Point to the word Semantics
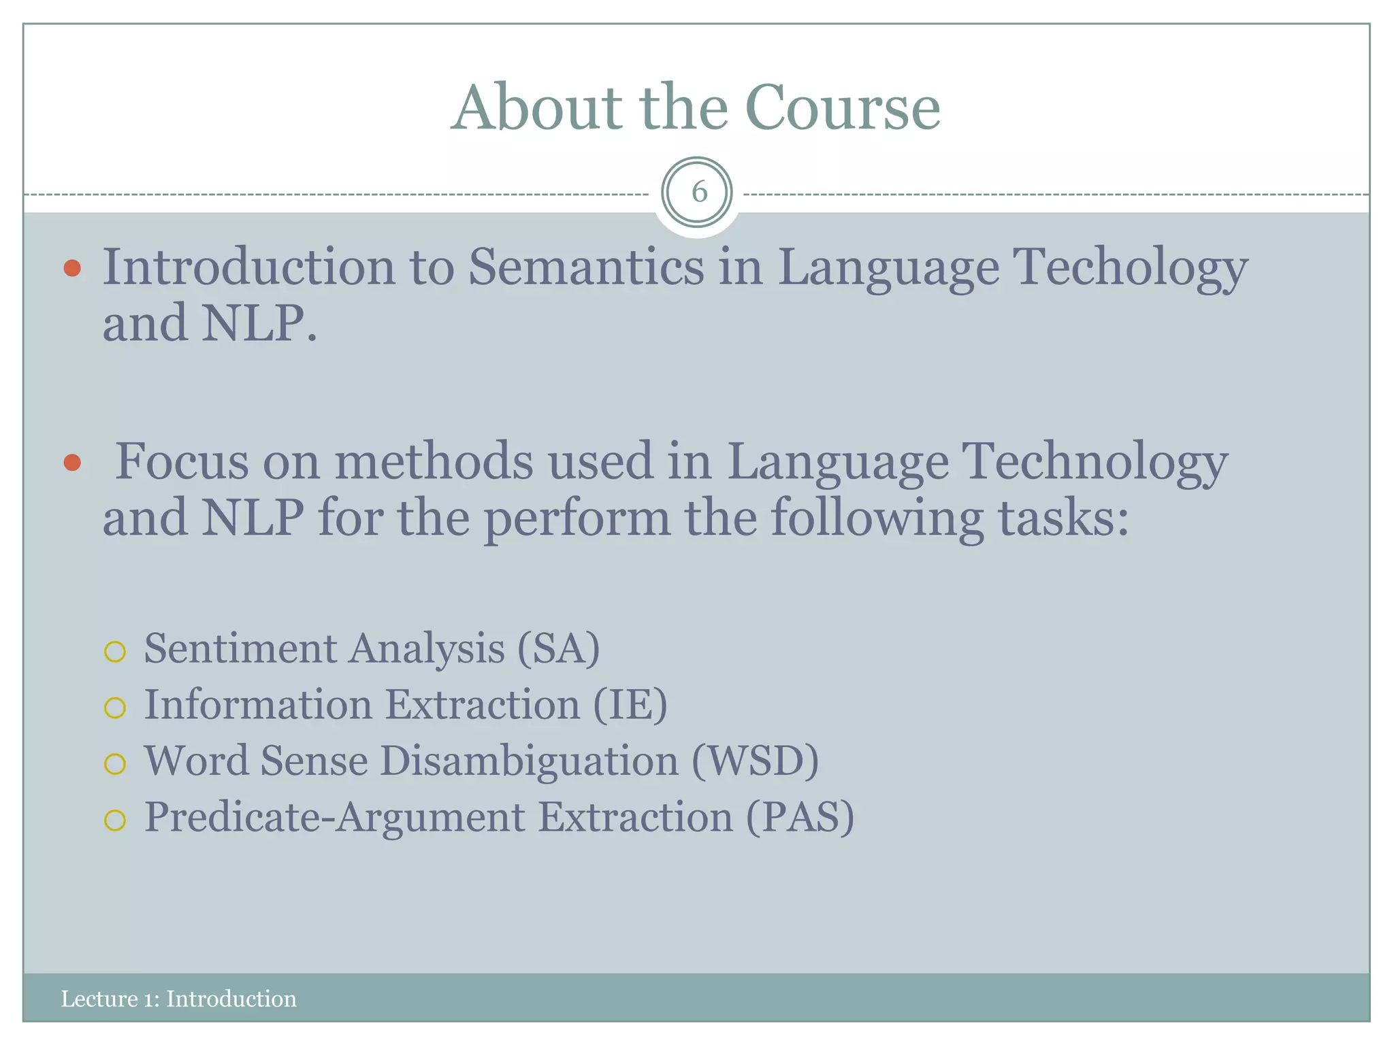pos(586,266)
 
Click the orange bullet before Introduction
pos(72,268)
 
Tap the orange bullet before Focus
pos(72,463)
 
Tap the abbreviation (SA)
pos(558,648)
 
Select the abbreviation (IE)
pos(630,704)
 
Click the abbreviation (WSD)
pos(755,761)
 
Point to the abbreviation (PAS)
pos(800,817)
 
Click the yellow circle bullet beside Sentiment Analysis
pos(115,652)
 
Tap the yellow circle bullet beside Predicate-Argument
pos(115,820)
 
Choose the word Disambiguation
pos(529,761)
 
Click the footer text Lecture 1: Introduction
pos(178,999)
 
